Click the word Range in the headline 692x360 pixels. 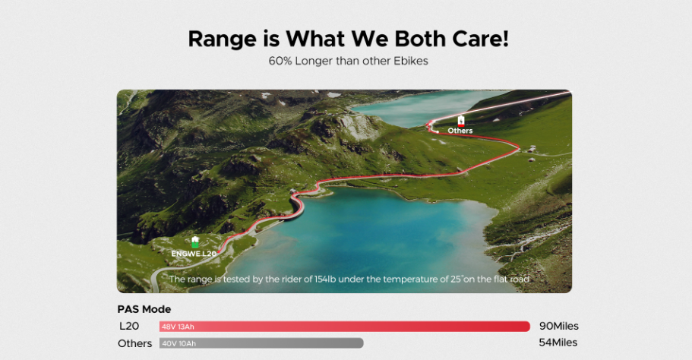click(x=222, y=39)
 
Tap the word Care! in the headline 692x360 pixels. click(x=480, y=39)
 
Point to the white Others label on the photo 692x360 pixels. click(x=460, y=131)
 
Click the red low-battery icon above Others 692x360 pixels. click(x=461, y=121)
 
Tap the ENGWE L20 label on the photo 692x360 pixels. click(x=194, y=254)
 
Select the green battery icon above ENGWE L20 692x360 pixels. click(x=195, y=242)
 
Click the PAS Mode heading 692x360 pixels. click(x=144, y=309)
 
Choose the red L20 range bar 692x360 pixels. click(x=345, y=327)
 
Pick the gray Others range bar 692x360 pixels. click(x=261, y=343)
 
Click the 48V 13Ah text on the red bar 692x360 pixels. click(x=178, y=327)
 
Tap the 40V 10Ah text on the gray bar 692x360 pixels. click(x=179, y=344)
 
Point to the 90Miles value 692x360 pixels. click(x=559, y=326)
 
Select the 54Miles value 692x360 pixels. click(x=558, y=343)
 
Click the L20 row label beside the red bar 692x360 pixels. click(x=129, y=326)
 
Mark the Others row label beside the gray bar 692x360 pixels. click(x=134, y=343)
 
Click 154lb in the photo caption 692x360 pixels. click(x=326, y=279)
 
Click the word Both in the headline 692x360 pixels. click(x=420, y=39)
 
